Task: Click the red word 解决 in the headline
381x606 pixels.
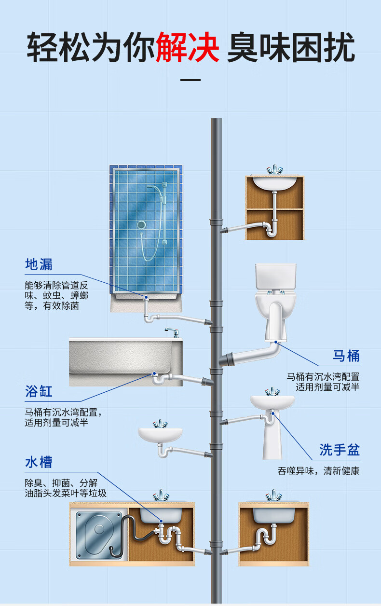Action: pos(188,47)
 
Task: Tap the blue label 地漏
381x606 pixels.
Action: pos(39,264)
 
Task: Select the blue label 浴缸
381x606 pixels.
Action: pos(39,391)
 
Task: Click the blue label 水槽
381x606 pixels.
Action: pos(39,462)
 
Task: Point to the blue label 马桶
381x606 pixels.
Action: pos(346,356)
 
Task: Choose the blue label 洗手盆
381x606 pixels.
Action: pos(340,450)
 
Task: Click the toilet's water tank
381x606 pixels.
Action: pos(275,277)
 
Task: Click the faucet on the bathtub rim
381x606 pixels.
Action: pos(173,332)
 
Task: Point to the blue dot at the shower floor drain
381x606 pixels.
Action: pos(146,297)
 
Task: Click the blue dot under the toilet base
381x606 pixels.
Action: pos(276,342)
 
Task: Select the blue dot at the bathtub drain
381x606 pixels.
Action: pos(154,373)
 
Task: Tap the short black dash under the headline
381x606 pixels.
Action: pos(190,80)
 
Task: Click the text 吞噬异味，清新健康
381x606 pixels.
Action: pos(318,471)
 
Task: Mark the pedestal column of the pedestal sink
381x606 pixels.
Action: pos(272,436)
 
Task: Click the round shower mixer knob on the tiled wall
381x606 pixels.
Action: pos(141,224)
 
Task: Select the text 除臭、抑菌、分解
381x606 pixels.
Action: pos(61,483)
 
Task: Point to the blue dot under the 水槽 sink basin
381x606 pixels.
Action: pos(161,521)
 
